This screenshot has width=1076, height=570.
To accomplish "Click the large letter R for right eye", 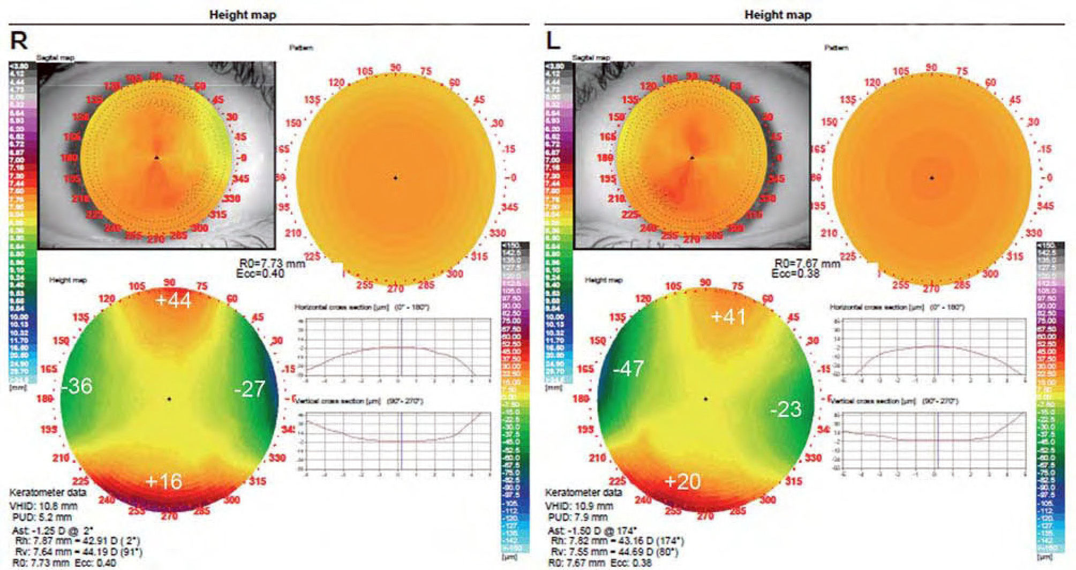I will click(19, 41).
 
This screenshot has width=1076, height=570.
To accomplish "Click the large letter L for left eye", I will click(553, 41).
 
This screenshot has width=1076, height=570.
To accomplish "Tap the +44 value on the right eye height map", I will click(173, 300).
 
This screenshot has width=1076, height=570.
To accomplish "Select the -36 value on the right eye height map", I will click(77, 386).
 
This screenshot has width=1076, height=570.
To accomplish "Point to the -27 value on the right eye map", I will click(250, 389).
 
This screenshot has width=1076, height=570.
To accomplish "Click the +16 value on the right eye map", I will click(164, 482).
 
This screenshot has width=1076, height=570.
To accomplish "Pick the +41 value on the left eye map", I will click(728, 317).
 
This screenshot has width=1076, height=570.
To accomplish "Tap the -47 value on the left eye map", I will click(628, 369).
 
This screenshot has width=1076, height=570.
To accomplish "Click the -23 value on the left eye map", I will click(786, 409).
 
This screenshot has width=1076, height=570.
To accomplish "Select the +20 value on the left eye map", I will click(682, 482).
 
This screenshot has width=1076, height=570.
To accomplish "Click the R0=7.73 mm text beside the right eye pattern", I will click(272, 263).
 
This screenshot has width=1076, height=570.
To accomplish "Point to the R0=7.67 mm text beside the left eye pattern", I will click(807, 263).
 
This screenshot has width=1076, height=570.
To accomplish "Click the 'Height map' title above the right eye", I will click(243, 15).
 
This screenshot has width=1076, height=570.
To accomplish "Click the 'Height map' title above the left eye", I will click(778, 15).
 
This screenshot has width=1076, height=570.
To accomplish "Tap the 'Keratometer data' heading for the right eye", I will click(48, 492).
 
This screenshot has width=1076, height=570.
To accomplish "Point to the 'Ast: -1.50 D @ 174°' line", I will click(592, 531).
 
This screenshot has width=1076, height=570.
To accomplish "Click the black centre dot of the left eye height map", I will click(706, 399).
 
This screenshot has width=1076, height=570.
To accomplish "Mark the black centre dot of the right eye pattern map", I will click(396, 178).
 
